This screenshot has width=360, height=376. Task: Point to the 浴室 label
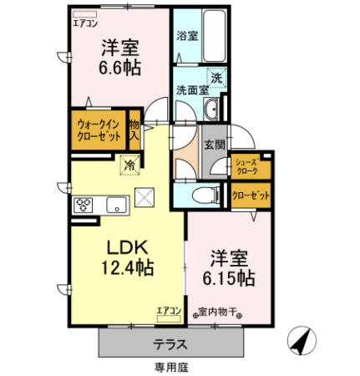coord(186,36)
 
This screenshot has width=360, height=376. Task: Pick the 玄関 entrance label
coord(213,142)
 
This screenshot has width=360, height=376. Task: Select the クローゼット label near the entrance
coord(251,195)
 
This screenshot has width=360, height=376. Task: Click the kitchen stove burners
coord(84,204)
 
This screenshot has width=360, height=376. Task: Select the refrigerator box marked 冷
coord(129,164)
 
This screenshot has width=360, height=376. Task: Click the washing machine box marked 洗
coord(215,78)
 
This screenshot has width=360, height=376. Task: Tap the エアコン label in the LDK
coord(169,311)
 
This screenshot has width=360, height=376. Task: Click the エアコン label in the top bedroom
coord(84,23)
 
